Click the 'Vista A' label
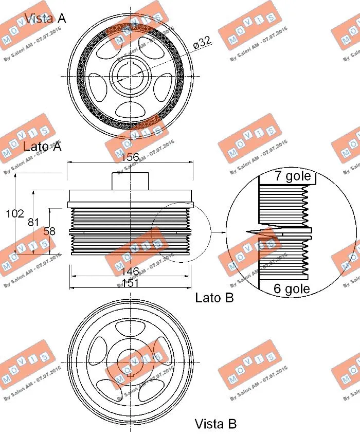(45, 19)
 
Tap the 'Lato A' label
(42, 147)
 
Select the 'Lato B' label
(214, 297)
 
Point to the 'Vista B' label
(215, 424)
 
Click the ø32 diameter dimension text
(202, 43)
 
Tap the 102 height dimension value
(14, 213)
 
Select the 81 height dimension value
(33, 222)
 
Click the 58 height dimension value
(49, 231)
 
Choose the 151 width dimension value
(131, 283)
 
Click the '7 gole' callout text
(292, 176)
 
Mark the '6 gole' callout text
(292, 288)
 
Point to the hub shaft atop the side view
(131, 180)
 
